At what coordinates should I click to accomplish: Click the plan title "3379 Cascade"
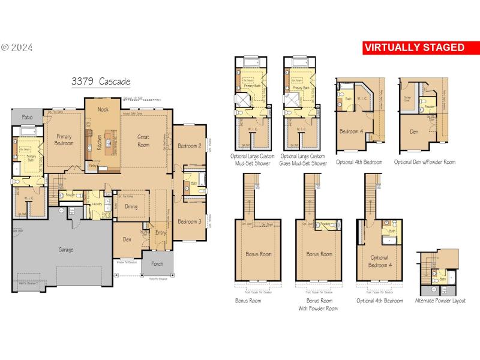point(101,82)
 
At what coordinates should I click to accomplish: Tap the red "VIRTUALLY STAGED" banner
point(415,47)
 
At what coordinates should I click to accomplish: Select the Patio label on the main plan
point(26,117)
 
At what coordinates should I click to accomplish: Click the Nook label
point(103,110)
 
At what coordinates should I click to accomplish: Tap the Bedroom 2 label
point(189,146)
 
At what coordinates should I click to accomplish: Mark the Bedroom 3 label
point(189,221)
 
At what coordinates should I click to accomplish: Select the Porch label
point(157,263)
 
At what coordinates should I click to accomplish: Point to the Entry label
point(161,233)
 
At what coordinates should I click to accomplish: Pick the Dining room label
point(131,206)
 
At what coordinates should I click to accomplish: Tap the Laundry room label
point(95,204)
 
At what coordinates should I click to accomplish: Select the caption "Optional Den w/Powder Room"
point(424,162)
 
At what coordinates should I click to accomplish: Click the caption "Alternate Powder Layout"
point(440,301)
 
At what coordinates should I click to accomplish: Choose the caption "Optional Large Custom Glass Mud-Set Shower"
point(304,159)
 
